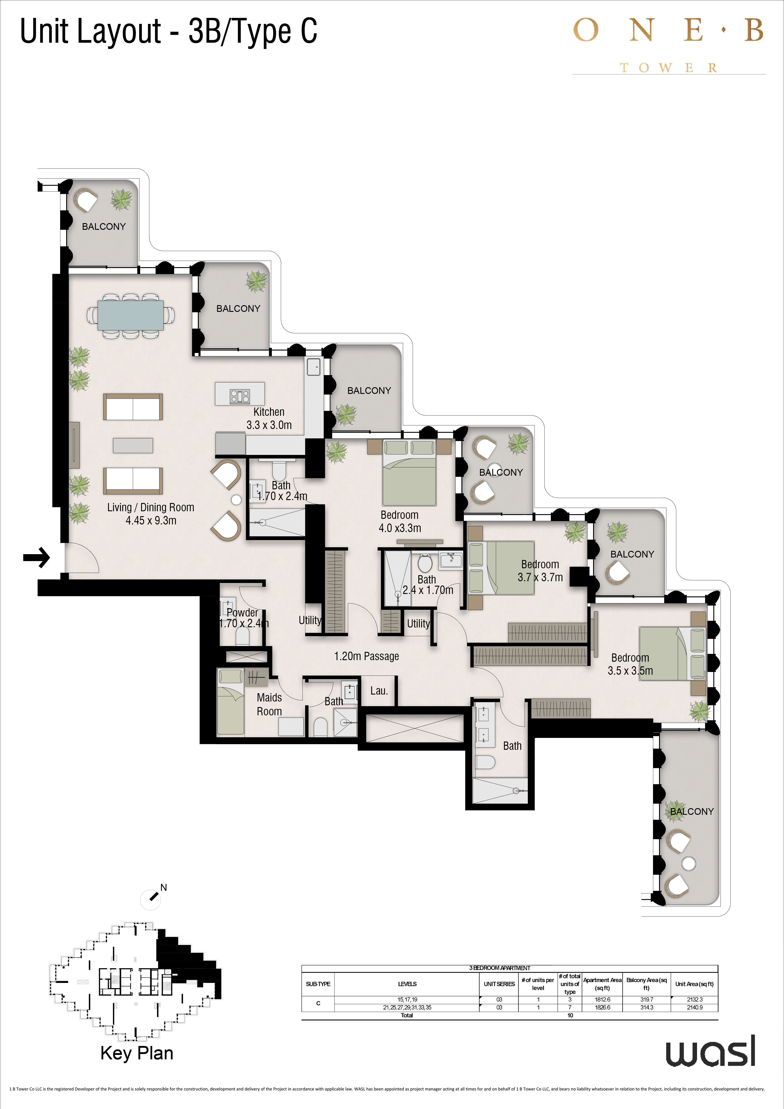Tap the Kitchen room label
click(269, 418)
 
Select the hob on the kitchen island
click(240, 396)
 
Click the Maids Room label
click(269, 704)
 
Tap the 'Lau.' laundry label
click(379, 691)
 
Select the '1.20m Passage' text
click(367, 656)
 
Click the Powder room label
click(243, 618)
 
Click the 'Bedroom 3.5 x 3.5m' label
click(630, 664)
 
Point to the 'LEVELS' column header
click(407, 984)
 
